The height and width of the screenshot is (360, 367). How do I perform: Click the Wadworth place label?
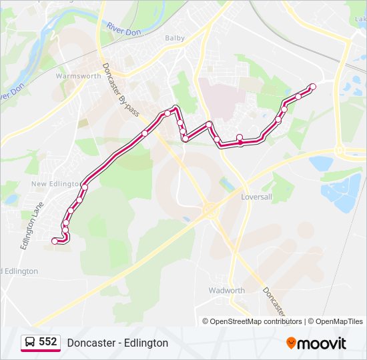(227, 291)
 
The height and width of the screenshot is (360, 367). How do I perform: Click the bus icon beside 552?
(30, 342)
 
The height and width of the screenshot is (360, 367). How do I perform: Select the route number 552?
(48, 342)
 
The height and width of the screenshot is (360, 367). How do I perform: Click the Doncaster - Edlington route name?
(117, 343)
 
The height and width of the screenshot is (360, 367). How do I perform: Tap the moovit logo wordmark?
(322, 343)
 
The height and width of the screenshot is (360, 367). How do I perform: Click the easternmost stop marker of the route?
(312, 86)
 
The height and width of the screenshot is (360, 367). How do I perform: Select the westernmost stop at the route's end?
(55, 241)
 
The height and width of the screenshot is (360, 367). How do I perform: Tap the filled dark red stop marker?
(240, 142)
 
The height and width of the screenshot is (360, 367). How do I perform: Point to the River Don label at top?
(123, 28)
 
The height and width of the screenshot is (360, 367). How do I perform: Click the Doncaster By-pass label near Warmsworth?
(121, 90)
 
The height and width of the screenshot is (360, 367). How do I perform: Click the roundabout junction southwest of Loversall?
(209, 211)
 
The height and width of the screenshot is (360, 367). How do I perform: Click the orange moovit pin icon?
(291, 343)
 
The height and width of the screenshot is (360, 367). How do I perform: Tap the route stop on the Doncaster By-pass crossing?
(144, 133)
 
